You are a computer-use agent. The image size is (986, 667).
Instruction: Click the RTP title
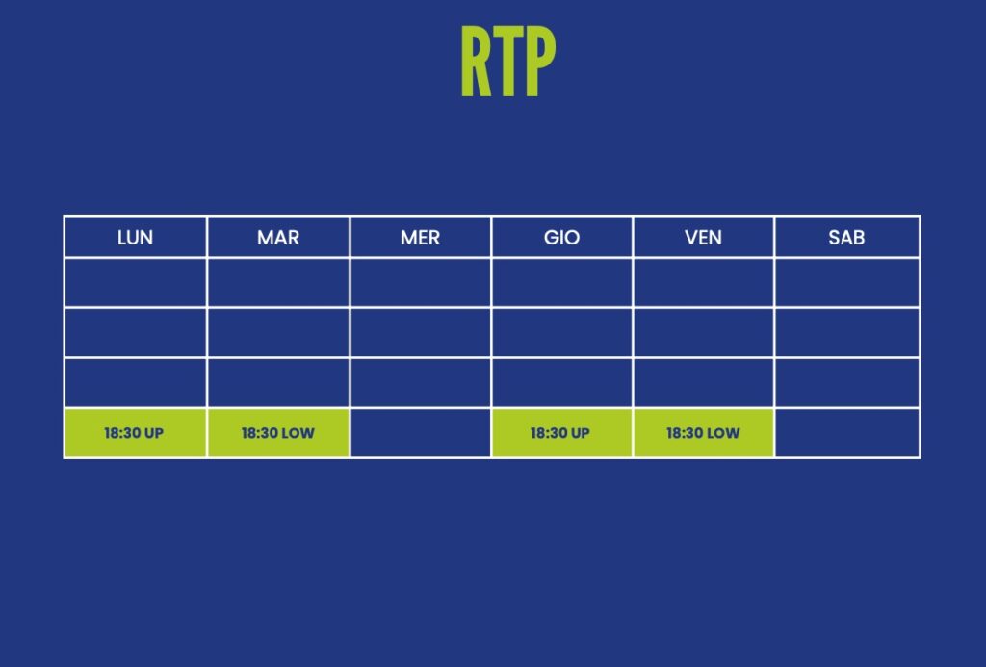coord(508,61)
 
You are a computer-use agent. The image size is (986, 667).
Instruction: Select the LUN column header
coord(135,238)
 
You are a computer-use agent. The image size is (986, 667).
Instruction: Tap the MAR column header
coord(278,238)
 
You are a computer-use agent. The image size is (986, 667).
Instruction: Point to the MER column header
coord(420,238)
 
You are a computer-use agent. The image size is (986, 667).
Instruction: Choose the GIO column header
coord(561,238)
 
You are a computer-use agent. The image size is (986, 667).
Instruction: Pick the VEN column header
coord(703,238)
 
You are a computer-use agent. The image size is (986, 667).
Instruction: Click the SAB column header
coord(846,238)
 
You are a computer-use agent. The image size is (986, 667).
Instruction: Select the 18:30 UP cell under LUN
coord(135,433)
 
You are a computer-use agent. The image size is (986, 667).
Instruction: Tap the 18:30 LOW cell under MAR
coord(278,433)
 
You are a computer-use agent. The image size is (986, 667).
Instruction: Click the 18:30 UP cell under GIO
coord(561,433)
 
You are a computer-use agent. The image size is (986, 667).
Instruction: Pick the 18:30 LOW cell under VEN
coord(703,433)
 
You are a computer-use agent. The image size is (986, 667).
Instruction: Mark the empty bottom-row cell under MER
coord(420,433)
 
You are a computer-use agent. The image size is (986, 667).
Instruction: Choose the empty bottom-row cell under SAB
coord(847,433)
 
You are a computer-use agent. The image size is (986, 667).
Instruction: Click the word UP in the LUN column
coord(153,433)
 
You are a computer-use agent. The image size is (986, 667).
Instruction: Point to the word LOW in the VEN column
coord(723,433)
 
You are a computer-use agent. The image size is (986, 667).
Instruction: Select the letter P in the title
coord(541,61)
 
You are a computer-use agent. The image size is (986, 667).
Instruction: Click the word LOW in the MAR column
coord(298,433)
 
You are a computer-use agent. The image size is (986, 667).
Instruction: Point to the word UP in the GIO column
coord(580,433)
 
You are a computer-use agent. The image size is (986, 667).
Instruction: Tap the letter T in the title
coord(508,61)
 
